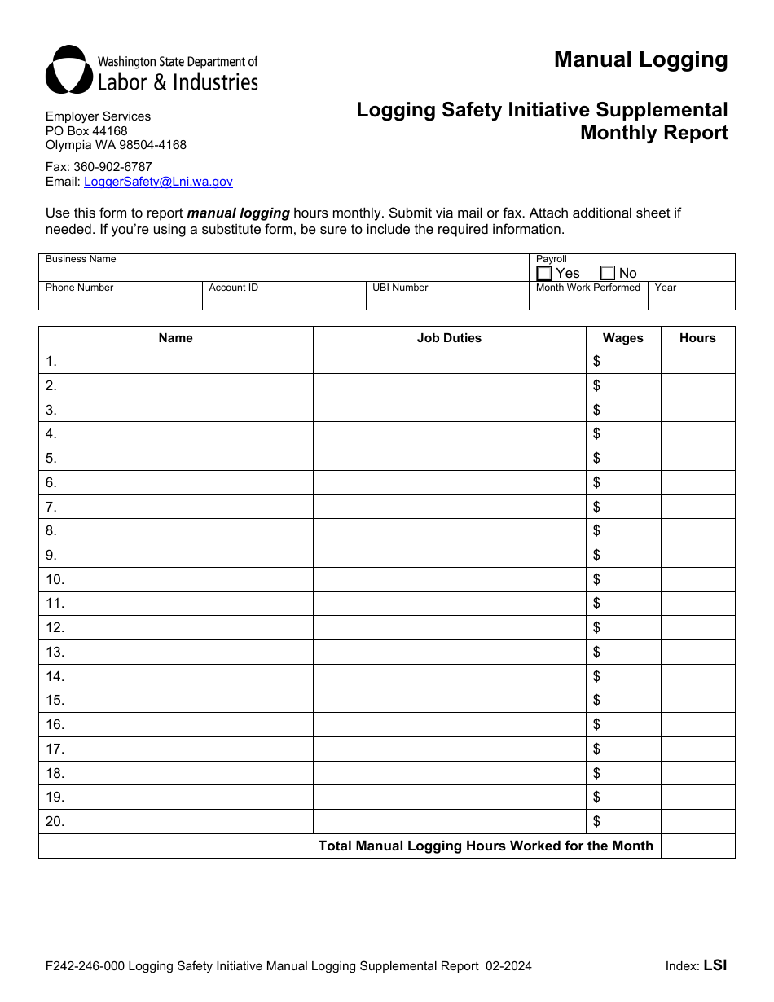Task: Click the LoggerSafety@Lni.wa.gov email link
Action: pos(158,182)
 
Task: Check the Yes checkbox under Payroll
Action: pos(544,273)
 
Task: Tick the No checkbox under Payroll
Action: pos(607,273)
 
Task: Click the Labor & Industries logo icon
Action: pos(68,70)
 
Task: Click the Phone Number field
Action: pos(120,299)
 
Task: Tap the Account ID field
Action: pos(284,299)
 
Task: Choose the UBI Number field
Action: pos(447,299)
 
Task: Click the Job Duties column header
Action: pos(449,338)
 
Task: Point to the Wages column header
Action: pos(623,338)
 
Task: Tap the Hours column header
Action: pos(697,338)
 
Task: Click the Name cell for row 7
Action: pos(176,507)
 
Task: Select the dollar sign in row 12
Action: pos(597,627)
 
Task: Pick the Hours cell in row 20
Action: pos(697,821)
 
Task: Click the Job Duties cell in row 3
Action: pos(449,410)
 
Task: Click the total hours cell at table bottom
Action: pos(697,846)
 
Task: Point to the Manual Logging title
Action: pos(640,59)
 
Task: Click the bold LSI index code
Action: pos(715,965)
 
